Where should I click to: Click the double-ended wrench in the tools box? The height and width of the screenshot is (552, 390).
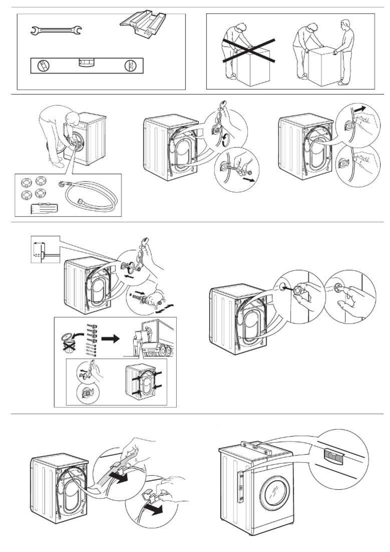point(56,30)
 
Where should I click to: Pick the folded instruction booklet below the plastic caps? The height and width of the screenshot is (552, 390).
point(44,208)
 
